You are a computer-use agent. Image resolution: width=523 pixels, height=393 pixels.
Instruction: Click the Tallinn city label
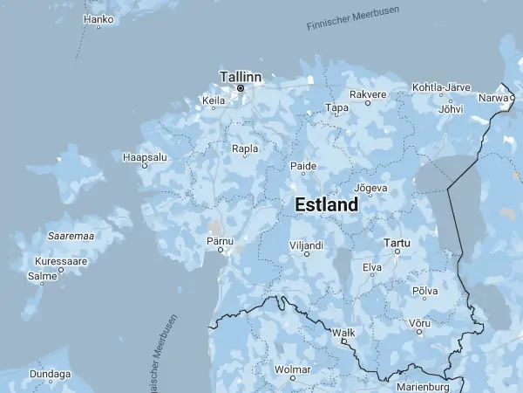click(x=241, y=76)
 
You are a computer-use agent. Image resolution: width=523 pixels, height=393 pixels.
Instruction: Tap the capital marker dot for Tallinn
click(x=241, y=88)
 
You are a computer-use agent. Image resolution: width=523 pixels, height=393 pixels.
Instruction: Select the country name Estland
click(x=327, y=205)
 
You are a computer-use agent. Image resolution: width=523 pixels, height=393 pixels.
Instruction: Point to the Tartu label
click(x=397, y=242)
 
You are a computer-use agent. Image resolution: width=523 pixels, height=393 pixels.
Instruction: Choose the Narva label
click(x=493, y=98)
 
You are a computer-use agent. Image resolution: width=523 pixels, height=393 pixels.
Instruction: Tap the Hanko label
click(x=98, y=18)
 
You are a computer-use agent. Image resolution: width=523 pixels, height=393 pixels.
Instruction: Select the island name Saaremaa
click(x=71, y=236)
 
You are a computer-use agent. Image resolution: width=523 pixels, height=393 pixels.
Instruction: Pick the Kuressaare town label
click(x=61, y=261)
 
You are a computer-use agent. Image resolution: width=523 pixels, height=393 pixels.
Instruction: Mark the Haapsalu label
click(x=145, y=157)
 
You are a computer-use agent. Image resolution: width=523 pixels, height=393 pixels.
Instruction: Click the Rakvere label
click(x=368, y=94)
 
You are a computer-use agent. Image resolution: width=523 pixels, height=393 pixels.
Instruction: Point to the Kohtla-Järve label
click(x=441, y=88)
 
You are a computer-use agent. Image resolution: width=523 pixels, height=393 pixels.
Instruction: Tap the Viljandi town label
click(x=307, y=245)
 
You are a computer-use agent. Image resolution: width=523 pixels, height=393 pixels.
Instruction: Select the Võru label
click(x=420, y=322)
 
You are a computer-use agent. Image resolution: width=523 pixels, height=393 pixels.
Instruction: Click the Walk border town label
click(x=343, y=333)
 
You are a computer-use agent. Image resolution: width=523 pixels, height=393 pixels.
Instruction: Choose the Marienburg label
click(x=422, y=386)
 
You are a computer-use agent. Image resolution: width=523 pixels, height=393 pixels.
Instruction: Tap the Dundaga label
click(x=50, y=374)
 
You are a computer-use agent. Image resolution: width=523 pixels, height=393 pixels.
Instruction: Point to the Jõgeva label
click(x=370, y=188)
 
